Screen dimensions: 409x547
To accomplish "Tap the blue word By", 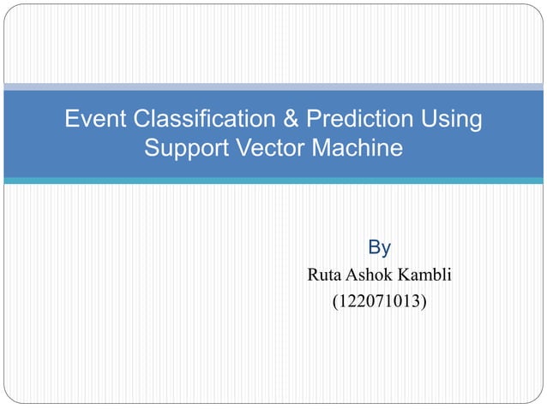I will pos(379,248).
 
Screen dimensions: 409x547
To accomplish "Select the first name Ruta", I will pos(325,275).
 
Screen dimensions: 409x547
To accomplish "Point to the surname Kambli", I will pos(426,275).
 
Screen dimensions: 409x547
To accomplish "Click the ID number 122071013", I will pos(379,301).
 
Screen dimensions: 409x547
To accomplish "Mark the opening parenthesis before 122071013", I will pos(334,302).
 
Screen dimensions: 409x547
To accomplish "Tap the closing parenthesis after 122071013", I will pos(425,302).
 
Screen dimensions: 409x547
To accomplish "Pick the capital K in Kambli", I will pos(406,275).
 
